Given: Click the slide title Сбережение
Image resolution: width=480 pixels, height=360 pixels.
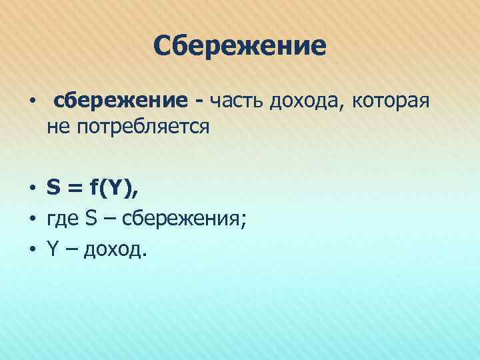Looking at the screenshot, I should point(239,46).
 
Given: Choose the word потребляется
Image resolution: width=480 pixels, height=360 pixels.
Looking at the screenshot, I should point(143,127).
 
